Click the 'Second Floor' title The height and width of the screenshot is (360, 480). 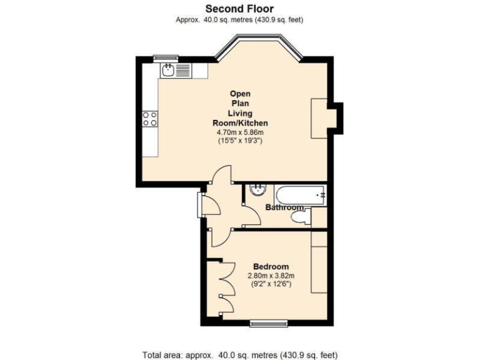[x=239, y=9]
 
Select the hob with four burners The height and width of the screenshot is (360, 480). [x=149, y=119]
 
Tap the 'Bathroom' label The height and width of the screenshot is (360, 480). [x=284, y=207]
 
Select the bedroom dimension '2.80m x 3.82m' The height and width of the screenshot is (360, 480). [x=271, y=276]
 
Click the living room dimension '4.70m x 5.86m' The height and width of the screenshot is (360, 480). [x=240, y=132]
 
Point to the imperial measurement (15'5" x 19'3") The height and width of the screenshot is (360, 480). [x=240, y=141]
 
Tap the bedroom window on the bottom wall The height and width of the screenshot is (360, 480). [x=267, y=323]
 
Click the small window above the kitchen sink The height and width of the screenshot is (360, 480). [x=166, y=58]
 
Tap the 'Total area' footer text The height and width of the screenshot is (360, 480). [x=239, y=354]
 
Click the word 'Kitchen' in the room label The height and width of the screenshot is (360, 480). [x=252, y=123]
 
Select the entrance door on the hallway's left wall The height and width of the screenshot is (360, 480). [x=200, y=205]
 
